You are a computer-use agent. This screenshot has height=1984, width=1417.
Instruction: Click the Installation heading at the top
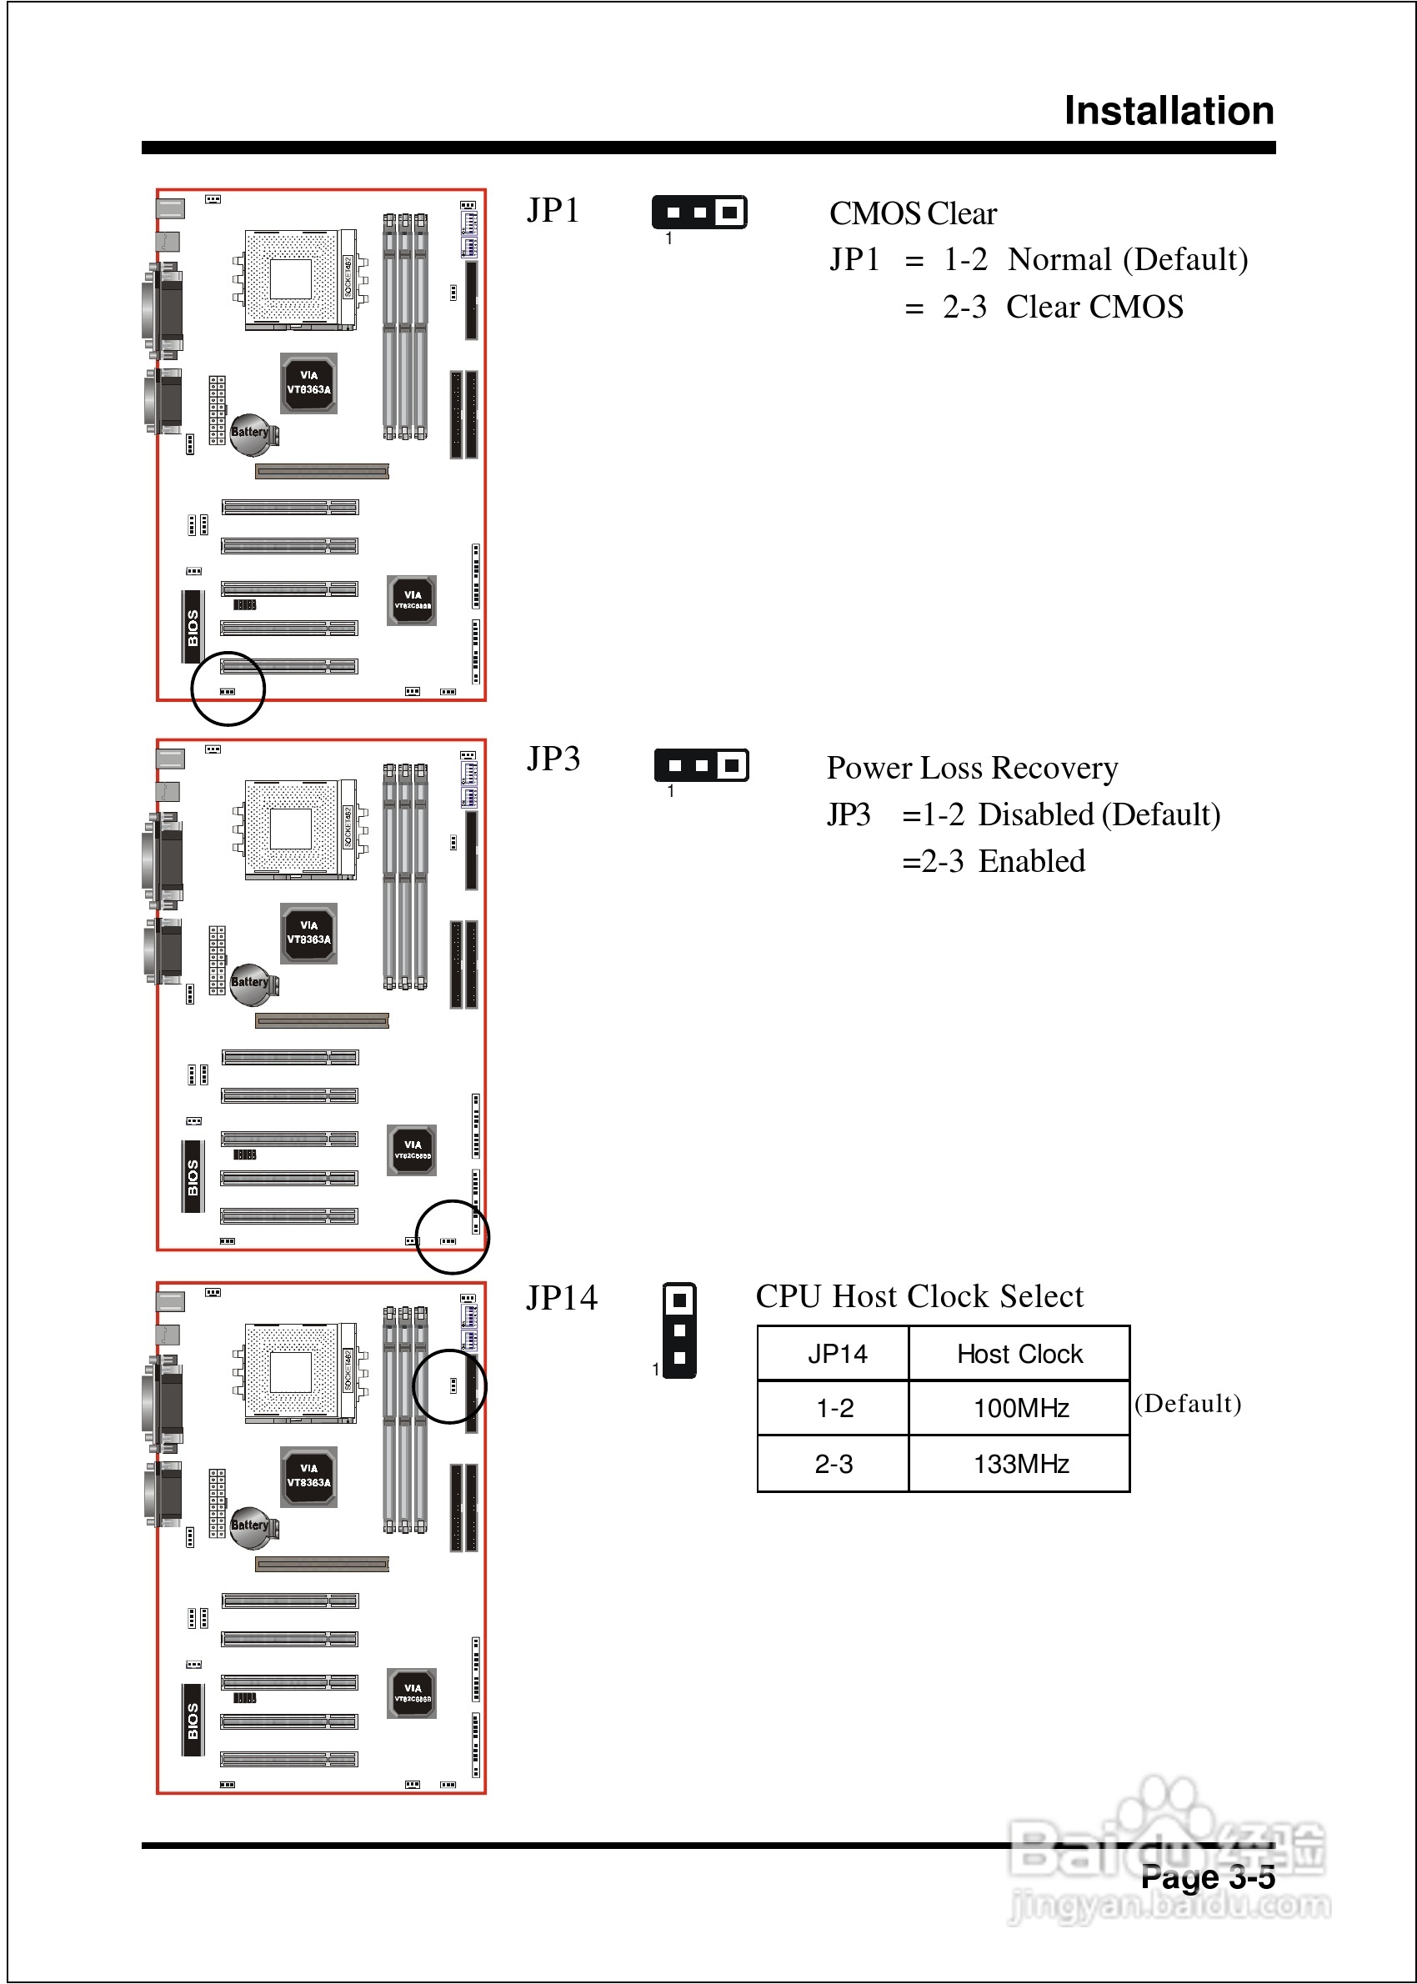point(1169,111)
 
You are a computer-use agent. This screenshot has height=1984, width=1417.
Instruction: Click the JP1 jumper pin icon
point(698,212)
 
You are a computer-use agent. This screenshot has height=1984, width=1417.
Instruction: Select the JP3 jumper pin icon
point(702,765)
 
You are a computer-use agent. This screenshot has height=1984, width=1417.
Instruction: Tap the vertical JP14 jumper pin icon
point(679,1330)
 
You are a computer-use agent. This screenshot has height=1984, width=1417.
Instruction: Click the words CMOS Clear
point(912,213)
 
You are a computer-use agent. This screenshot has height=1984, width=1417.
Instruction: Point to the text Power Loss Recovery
point(972,768)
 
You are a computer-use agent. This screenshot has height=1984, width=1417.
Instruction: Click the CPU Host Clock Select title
point(919,1296)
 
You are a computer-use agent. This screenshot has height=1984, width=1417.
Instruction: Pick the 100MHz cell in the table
point(1020,1408)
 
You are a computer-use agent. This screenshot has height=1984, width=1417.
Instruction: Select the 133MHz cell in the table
point(1020,1464)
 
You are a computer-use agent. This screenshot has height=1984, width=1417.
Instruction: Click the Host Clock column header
point(1019,1354)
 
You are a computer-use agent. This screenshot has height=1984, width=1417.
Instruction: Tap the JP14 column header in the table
point(836,1354)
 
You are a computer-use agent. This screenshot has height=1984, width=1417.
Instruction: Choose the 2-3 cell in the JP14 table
point(834,1464)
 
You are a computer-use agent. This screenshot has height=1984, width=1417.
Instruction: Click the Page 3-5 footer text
point(1208,1876)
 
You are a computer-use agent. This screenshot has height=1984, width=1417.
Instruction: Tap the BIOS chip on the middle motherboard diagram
point(193,1177)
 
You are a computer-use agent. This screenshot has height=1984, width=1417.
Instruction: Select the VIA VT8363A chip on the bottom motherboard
point(309,1476)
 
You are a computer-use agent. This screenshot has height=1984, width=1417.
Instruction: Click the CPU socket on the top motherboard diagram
point(293,279)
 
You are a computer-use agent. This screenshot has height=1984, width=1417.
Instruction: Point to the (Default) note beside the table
point(1188,1404)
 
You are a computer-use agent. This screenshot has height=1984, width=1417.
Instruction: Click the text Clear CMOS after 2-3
point(1094,307)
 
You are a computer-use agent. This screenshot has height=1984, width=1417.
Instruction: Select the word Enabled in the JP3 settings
point(1031,862)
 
